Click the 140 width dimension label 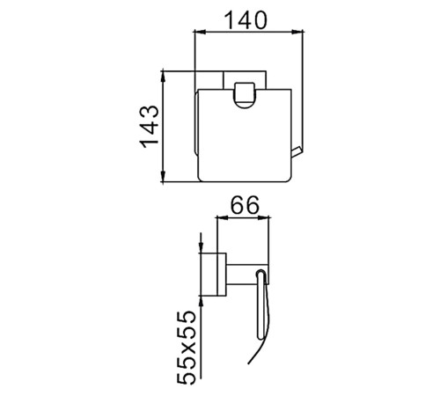246,20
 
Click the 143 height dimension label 150,127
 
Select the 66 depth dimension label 245,205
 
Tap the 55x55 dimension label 187,348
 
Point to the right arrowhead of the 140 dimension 297,31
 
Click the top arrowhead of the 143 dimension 164,77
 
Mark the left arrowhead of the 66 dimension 222,217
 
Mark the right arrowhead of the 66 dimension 263,217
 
